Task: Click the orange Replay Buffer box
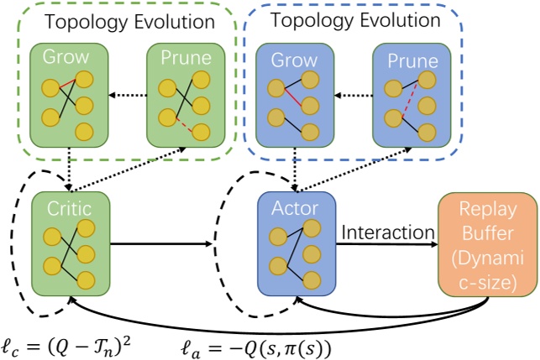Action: pos(487,243)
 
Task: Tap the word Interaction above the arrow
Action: pos(388,232)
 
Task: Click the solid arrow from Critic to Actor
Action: pos(160,244)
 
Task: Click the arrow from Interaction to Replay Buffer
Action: pos(388,245)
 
